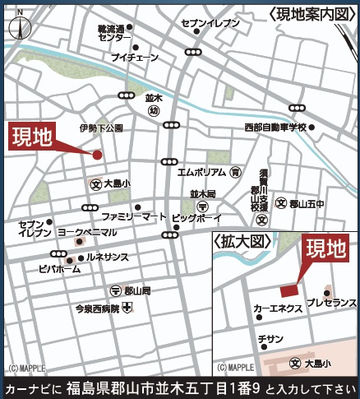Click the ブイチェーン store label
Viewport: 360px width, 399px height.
coord(134,58)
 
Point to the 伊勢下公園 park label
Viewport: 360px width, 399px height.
coord(101,128)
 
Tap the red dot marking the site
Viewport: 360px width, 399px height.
coord(97,155)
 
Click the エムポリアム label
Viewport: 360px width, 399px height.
coord(201,173)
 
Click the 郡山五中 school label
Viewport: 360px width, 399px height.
coord(308,203)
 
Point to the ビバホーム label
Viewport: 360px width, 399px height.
coord(59,268)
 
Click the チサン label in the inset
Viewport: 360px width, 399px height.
coord(270,338)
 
